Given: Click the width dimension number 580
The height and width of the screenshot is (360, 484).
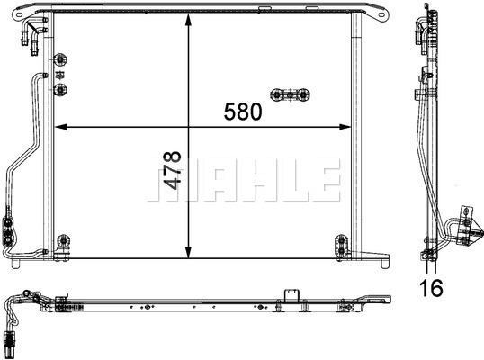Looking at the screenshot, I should click(243, 112).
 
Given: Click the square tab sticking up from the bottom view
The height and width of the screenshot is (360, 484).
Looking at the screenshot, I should click(291, 293).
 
